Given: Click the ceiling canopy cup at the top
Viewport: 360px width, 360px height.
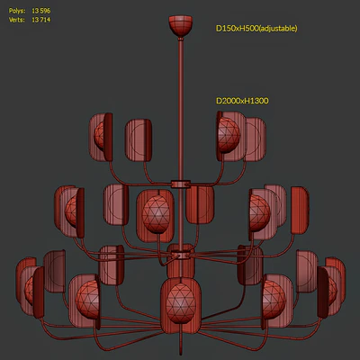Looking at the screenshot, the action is [180, 26].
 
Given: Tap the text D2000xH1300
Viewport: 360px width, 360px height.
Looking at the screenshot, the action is [242, 101].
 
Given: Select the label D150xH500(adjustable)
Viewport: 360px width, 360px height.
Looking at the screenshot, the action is [256, 29].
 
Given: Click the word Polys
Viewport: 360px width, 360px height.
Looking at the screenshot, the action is [17, 11].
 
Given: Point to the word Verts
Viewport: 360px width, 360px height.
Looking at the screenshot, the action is [17, 20].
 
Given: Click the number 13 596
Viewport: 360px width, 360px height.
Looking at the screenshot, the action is [41, 11].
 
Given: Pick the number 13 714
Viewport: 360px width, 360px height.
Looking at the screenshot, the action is [41, 20].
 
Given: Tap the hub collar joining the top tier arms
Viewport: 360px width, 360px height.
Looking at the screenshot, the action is [181, 184].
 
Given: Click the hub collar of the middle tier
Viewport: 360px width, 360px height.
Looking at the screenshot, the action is [181, 256].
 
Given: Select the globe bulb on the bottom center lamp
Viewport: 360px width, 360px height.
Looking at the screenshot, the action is [181, 303].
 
